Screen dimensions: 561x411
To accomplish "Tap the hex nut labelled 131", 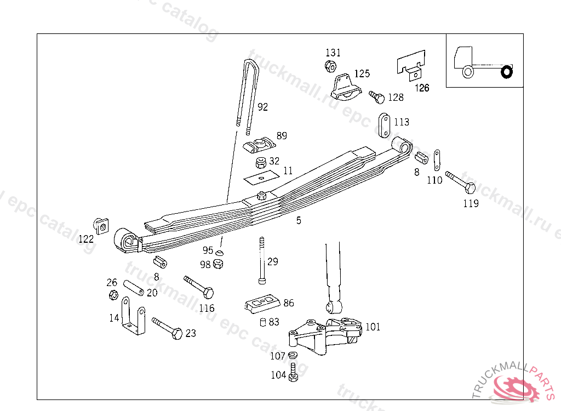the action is click(330, 66).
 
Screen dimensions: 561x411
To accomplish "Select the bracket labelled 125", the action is click(344, 88).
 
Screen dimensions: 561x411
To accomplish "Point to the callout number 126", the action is click(422, 88).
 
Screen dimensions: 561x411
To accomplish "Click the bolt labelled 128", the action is click(377, 97).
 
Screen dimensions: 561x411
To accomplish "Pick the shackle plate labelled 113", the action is click(384, 125).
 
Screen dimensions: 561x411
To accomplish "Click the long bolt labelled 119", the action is click(460, 182).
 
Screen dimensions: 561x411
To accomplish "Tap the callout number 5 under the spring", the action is click(299, 220).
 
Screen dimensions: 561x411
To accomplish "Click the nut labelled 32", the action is click(261, 163).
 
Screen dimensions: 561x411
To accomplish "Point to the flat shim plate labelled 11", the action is click(261, 178).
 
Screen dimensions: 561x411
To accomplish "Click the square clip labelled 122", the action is click(101, 226).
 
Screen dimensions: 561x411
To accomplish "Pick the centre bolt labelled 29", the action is click(262, 260).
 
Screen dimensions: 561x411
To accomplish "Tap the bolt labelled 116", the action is click(198, 287).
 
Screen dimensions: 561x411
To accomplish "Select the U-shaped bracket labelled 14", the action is click(133, 316).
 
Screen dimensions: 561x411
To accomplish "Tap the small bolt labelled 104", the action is click(294, 372).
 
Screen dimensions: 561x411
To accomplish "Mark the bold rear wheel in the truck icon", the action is click(507, 72).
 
